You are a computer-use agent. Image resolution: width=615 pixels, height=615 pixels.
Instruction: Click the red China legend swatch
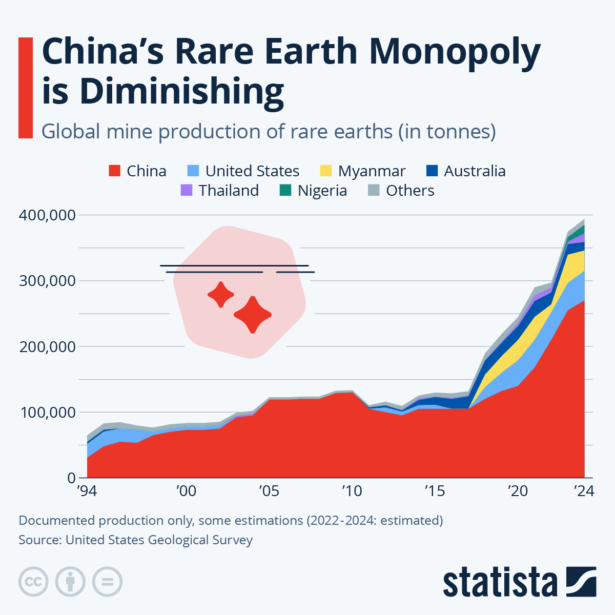pyautogui.click(x=114, y=171)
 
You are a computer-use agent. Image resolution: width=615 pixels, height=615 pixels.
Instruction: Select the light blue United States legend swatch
pyautogui.click(x=193, y=171)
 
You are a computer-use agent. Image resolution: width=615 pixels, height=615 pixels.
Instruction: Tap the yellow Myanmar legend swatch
pyautogui.click(x=326, y=171)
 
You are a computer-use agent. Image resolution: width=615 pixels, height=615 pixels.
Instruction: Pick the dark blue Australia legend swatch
pyautogui.click(x=432, y=171)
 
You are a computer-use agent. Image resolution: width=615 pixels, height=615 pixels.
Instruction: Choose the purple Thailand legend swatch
pyautogui.click(x=187, y=190)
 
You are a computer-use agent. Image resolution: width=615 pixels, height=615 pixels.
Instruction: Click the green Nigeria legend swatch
pyautogui.click(x=285, y=190)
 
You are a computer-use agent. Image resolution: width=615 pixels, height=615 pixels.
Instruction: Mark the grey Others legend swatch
pyautogui.click(x=374, y=190)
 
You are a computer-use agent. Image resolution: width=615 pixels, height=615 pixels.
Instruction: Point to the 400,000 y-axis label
pyautogui.click(x=47, y=215)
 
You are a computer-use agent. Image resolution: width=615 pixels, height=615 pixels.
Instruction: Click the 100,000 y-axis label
pyautogui.click(x=47, y=412)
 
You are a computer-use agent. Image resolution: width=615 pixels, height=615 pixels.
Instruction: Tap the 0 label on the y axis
pyautogui.click(x=71, y=478)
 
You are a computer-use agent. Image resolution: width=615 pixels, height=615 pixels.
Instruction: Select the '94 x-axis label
pyautogui.click(x=87, y=491)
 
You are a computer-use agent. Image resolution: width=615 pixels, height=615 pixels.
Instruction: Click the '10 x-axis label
pyautogui.click(x=352, y=491)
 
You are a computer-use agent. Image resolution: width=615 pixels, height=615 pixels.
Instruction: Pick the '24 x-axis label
pyautogui.click(x=583, y=491)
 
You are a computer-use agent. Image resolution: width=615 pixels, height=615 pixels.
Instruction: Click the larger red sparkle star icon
pyautogui.click(x=252, y=315)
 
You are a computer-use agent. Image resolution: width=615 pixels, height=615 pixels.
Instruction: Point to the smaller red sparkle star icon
pyautogui.click(x=221, y=295)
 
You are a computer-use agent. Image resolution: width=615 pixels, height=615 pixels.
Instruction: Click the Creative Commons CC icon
pyautogui.click(x=33, y=582)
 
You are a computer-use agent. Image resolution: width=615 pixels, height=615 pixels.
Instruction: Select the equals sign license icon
pyautogui.click(x=107, y=582)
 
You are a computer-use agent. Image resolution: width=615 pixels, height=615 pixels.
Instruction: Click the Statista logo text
pyautogui.click(x=500, y=582)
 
